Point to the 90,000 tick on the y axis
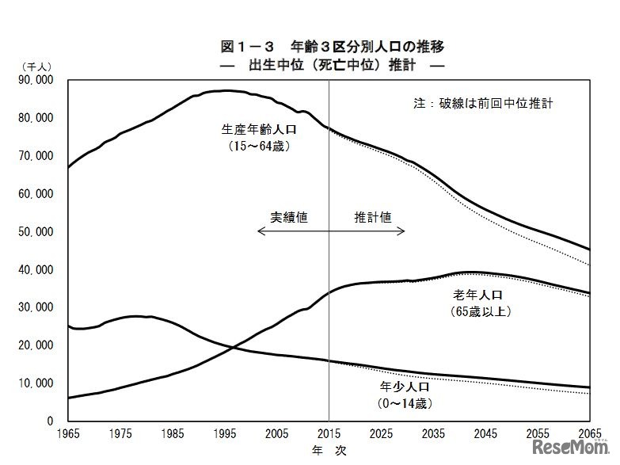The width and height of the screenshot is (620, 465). pos(35,80)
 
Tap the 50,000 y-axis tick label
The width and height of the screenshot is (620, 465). pos(35,232)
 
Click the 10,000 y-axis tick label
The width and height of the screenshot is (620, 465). pos(35,383)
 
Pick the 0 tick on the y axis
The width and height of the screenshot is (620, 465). pos(49,421)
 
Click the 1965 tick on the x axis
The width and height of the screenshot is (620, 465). pos(68,434)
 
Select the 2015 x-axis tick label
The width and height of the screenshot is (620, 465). pos(329,434)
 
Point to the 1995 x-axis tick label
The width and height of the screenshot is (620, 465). pos(224,434)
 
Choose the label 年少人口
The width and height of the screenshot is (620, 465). pos(406,389)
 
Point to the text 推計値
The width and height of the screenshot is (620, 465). pos(372,216)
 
